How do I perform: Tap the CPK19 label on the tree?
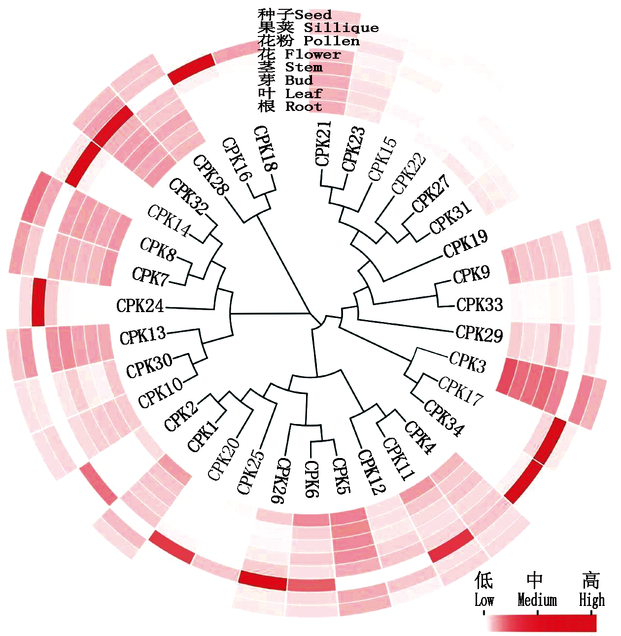coord(465,244)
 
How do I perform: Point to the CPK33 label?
coord(479,305)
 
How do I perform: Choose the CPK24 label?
coord(140,306)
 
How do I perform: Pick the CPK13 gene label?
coord(143,336)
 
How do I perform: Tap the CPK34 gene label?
coord(444,419)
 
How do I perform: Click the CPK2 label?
coord(181,415)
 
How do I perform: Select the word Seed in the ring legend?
coord(313,15)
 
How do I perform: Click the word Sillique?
coord(341,28)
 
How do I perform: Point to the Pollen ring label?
coord(331,41)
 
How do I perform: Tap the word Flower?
coord(313,54)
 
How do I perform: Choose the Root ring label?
coord(304,106)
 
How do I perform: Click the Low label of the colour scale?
coord(484,601)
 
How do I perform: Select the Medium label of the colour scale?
coord(537,601)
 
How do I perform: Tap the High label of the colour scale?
coord(591,601)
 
